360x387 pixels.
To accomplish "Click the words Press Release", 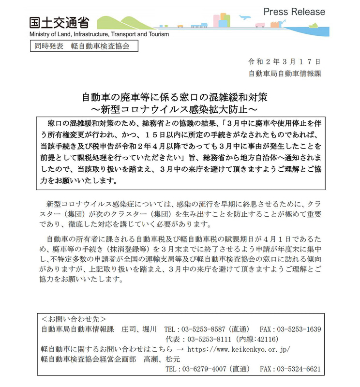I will [294, 12].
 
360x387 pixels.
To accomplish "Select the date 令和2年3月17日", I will [285, 62].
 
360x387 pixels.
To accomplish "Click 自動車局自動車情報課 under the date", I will [285, 74].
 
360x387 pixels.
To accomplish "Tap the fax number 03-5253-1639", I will [300, 329].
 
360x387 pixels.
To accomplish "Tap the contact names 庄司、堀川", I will [139, 329].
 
